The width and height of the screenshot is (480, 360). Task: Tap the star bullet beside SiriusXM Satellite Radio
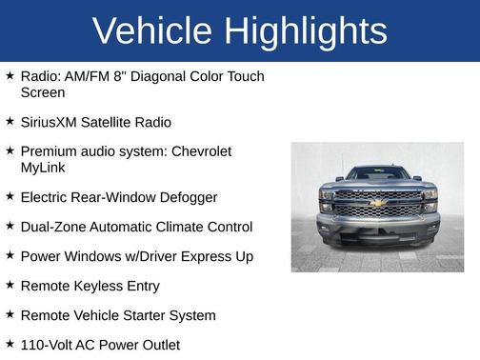[10, 122]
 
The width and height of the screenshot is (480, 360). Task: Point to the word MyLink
[44, 168]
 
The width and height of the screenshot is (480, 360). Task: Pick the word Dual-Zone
[52, 227]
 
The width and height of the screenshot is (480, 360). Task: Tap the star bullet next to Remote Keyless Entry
[10, 285]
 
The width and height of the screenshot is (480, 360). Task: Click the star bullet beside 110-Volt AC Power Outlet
[10, 344]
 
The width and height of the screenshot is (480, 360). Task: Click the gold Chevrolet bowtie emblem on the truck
[377, 203]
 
